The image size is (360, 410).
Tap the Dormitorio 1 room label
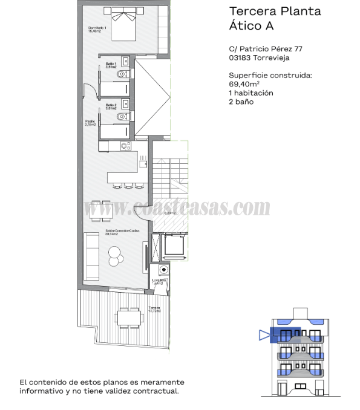pos(97,30)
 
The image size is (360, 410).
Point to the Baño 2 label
pos(111,106)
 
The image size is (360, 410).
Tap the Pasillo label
pos(91,123)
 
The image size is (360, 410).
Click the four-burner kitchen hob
pos(125,146)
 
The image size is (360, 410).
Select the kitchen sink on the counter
pos(143,161)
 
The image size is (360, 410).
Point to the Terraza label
pos(154,308)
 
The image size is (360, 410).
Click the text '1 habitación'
pos(251,93)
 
